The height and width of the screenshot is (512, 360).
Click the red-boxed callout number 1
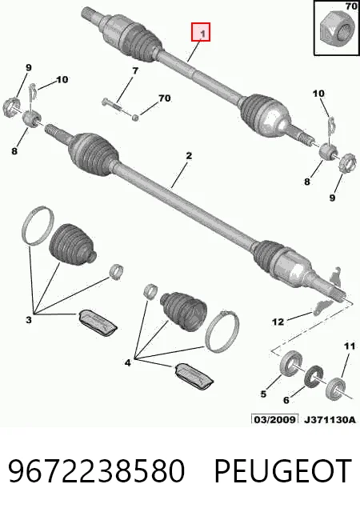point(202,34)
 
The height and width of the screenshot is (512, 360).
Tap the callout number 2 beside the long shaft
point(189,156)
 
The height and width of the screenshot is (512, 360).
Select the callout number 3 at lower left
point(29,320)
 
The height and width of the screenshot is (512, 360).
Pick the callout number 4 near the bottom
point(128,362)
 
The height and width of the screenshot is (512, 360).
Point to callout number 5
point(263,394)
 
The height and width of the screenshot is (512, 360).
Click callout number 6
point(286,400)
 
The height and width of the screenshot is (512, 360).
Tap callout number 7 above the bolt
point(135,70)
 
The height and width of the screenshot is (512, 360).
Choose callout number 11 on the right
point(350,346)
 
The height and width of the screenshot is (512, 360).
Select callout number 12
point(278,322)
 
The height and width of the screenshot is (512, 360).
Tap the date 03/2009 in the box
point(274,419)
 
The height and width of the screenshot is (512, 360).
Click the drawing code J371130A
point(330,419)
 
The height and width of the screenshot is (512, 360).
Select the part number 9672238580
point(96,471)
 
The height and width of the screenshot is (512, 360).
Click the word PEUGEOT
point(282,471)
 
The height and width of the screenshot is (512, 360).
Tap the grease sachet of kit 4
point(194,377)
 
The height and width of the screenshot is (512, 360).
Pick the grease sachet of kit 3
point(98,322)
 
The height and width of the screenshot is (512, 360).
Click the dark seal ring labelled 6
point(314,376)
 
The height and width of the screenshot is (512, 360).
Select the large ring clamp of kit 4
point(222,330)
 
